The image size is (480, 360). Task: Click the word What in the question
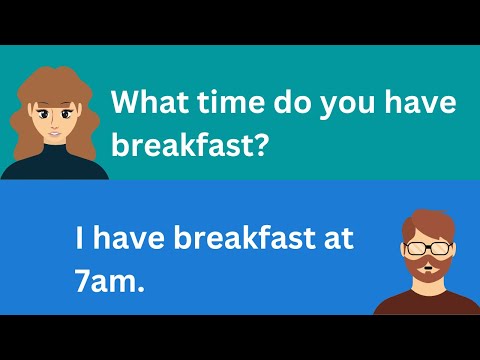[146, 103]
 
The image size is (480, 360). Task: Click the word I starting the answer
[79, 240]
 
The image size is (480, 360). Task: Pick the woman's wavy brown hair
[27, 110]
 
